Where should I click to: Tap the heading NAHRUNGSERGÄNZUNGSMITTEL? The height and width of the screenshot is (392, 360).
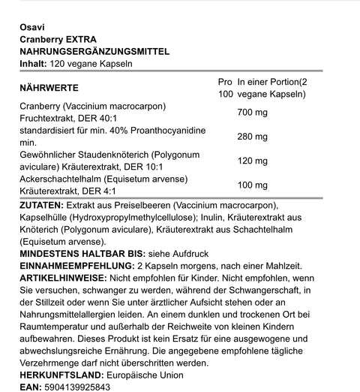click(94, 51)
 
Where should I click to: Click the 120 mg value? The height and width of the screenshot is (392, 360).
click(252, 161)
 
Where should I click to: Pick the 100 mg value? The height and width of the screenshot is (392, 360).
click(252, 185)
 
